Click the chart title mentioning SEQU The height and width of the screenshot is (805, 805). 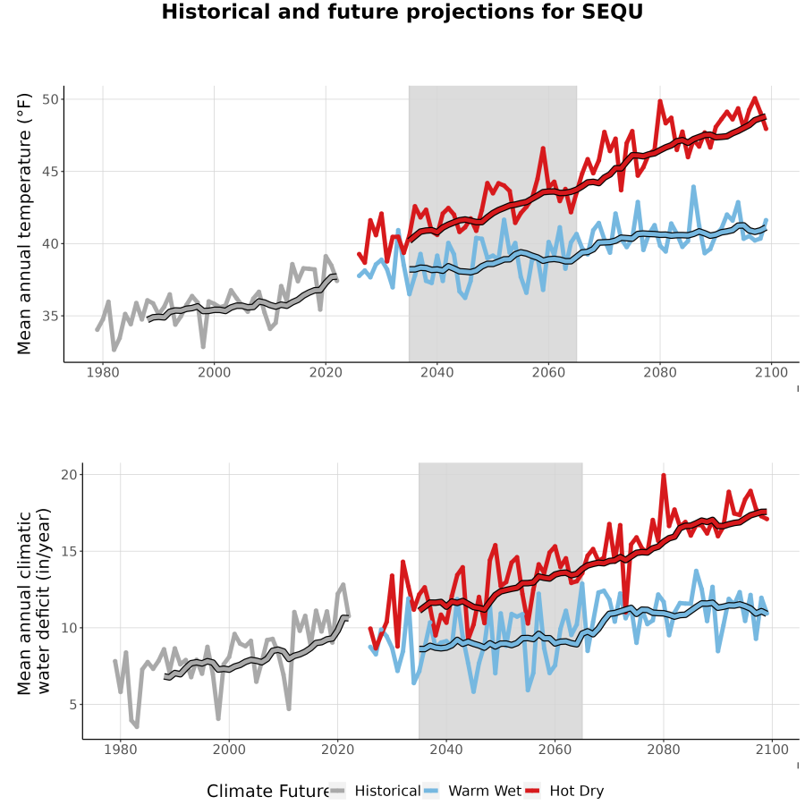(402, 12)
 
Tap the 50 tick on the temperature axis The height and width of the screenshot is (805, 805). (50, 99)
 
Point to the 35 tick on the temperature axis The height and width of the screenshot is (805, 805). (50, 317)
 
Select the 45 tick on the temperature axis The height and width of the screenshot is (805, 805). (50, 172)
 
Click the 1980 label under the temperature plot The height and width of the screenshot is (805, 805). (103, 372)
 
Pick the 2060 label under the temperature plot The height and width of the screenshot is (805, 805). (548, 372)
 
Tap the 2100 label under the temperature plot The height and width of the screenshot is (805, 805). (771, 372)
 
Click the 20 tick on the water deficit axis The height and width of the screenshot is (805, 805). (69, 474)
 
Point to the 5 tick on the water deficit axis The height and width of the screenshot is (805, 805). (73, 705)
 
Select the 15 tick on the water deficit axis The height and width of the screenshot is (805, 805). (69, 551)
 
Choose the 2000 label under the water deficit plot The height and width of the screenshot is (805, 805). (229, 750)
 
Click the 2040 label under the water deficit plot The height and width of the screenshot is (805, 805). (446, 750)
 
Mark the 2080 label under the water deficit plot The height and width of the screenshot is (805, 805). (664, 750)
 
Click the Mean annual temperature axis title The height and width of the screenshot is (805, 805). (24, 224)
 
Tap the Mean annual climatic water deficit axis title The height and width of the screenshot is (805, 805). (33, 601)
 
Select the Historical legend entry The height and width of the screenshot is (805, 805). (375, 791)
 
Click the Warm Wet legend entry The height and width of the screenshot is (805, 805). (472, 791)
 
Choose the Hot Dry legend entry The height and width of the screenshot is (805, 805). (563, 791)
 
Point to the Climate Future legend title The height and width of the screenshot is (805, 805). (267, 791)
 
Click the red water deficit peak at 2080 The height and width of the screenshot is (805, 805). (664, 476)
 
